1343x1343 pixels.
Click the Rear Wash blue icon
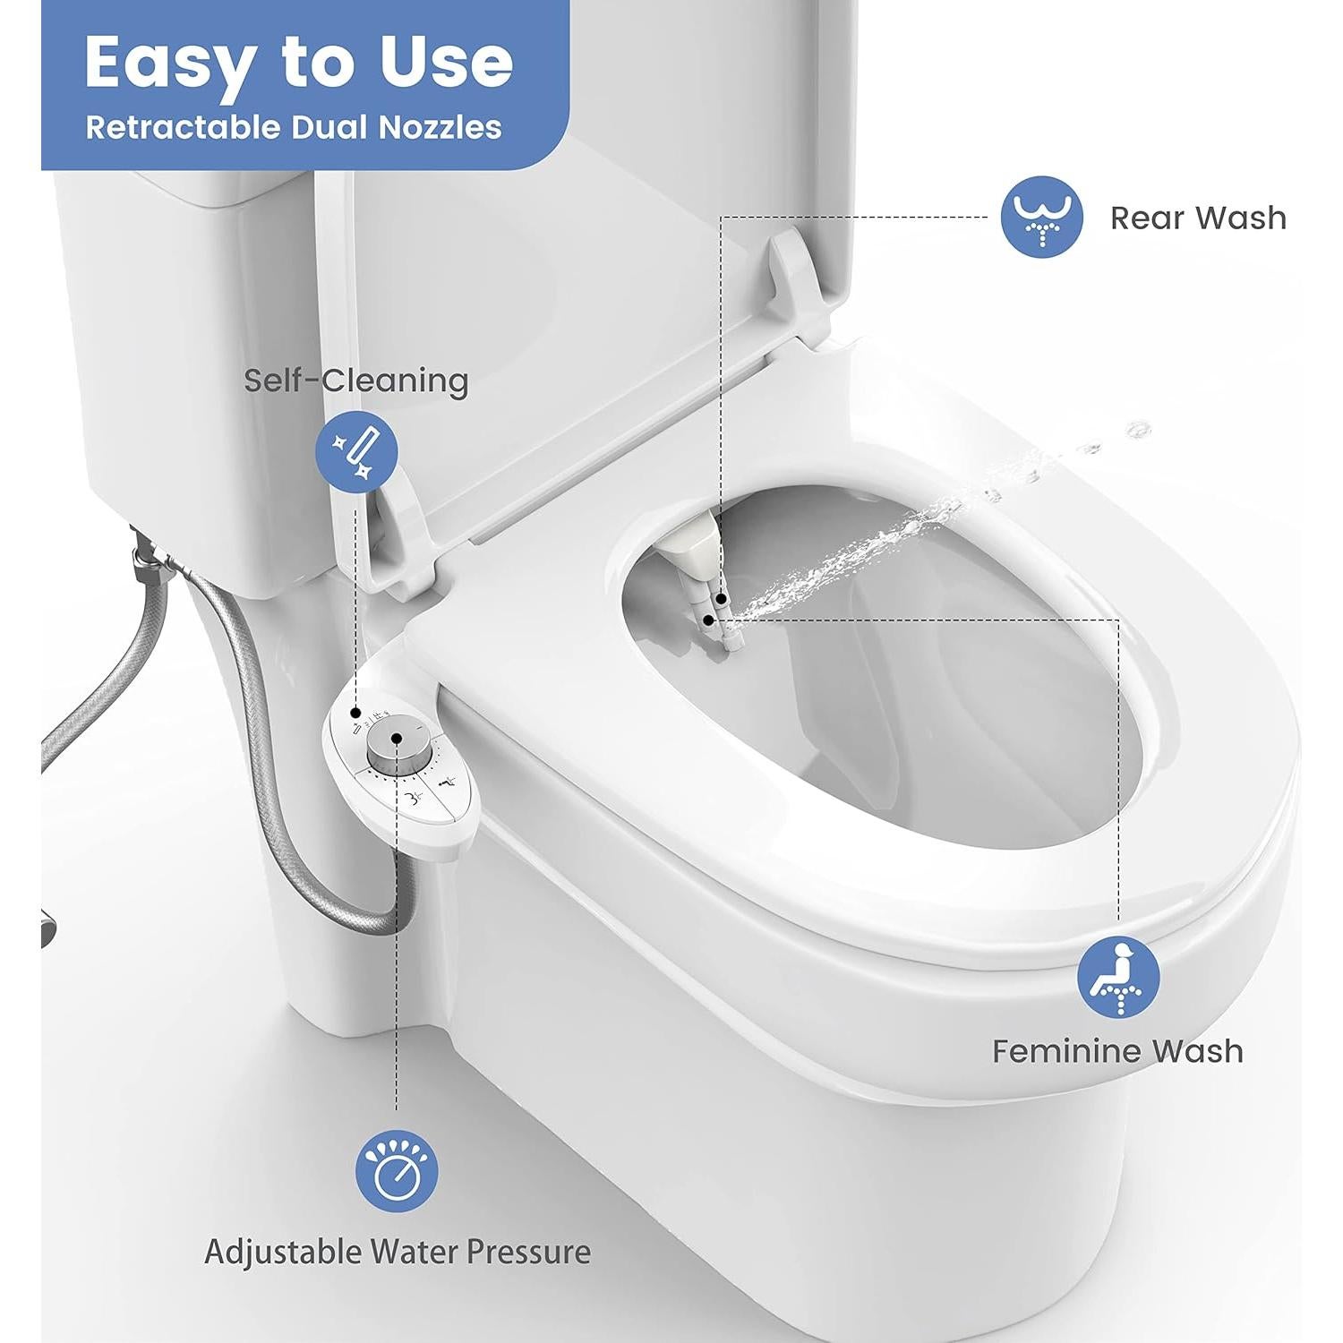(x=1041, y=217)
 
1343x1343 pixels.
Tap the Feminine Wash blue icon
(x=1118, y=977)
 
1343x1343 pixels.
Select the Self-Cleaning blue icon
(x=357, y=452)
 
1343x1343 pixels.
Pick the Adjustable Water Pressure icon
(x=397, y=1170)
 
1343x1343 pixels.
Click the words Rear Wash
(x=1197, y=218)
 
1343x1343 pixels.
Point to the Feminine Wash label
(x=1117, y=1050)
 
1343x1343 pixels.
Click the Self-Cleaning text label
(x=356, y=381)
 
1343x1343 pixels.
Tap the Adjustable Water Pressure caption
(x=397, y=1251)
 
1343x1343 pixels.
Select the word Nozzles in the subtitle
(x=440, y=127)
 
